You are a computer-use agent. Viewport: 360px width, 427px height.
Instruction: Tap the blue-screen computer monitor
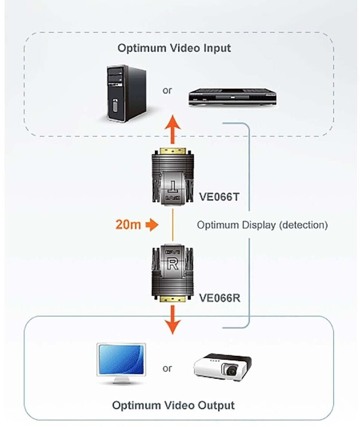coord(121,358)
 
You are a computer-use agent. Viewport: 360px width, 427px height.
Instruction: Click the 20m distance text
coord(128,225)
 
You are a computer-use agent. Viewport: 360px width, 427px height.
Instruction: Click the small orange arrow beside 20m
coord(152,225)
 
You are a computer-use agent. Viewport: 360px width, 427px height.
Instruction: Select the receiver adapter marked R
coord(172,272)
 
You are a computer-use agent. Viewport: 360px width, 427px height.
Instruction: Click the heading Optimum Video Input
coord(174,48)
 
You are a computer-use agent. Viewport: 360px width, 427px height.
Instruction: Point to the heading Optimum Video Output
coord(173,405)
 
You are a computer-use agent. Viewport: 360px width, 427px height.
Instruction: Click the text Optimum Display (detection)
coord(262,225)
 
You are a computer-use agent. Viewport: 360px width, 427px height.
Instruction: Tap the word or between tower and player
coord(167,90)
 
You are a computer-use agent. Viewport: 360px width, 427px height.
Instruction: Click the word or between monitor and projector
coord(167,368)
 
